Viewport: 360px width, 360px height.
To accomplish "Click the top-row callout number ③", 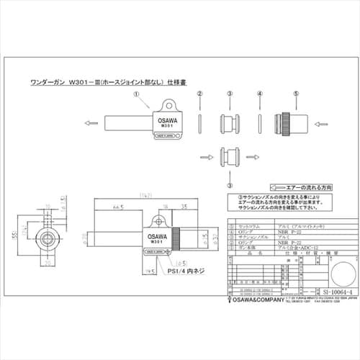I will (x=230, y=94).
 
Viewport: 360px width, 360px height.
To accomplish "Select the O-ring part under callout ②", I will (x=200, y=122).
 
